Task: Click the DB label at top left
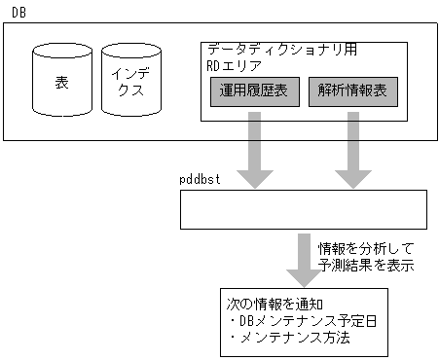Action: coord(18,9)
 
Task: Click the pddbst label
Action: coord(202,180)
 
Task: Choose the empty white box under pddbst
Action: coord(303,209)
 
